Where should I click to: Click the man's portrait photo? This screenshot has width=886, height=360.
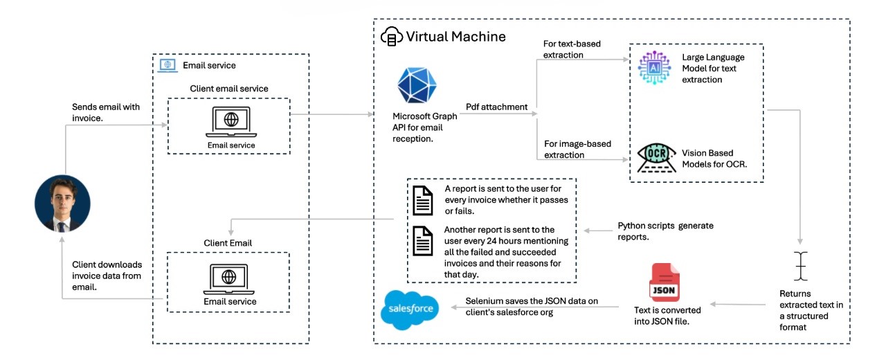coord(62,203)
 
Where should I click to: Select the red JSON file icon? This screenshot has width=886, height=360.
coord(664,282)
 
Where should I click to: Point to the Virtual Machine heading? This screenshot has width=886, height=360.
coord(455,36)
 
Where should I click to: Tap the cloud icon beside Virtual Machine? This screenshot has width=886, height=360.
coord(391,37)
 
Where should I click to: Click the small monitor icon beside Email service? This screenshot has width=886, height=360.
coord(168,65)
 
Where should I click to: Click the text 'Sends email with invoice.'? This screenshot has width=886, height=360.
coord(106,112)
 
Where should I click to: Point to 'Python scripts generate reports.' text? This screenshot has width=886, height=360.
coord(664,231)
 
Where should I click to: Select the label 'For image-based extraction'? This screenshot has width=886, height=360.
coord(577,150)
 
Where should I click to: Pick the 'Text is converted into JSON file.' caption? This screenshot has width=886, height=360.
coord(667,315)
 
